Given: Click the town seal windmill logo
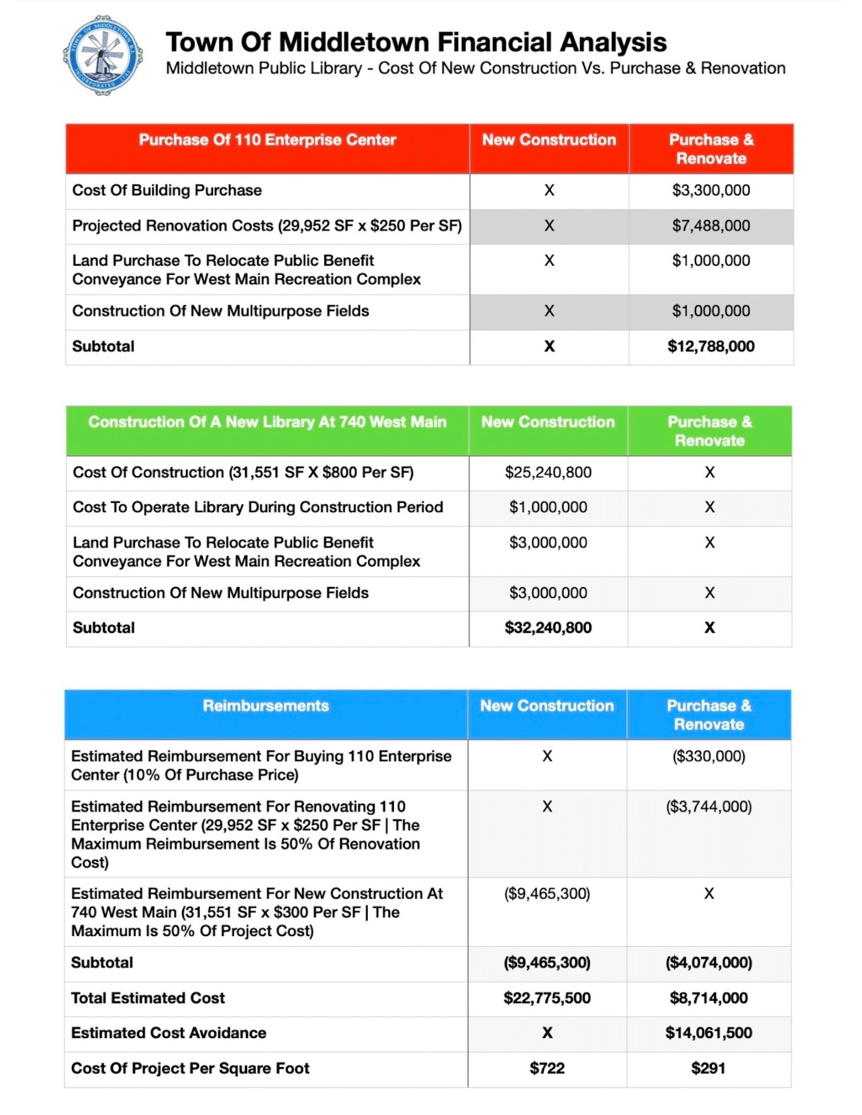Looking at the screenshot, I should pos(103,56).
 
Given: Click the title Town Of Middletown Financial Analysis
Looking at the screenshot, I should pos(416,42).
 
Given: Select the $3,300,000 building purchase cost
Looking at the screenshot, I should pos(710,191).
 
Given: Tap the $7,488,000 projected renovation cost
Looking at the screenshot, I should pos(710,226).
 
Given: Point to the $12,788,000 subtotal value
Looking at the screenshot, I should pos(710,347).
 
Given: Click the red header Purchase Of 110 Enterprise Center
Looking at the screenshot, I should pos(267,140).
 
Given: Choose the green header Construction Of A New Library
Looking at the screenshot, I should pos(267,422).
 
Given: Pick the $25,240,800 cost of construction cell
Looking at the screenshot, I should pos(547,473).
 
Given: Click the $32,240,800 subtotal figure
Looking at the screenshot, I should pos(547,628).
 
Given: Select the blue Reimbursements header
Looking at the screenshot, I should pos(266,706).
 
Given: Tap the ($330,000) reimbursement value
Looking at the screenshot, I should pos(708,757).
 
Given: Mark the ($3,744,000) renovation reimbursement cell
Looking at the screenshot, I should pos(708,807).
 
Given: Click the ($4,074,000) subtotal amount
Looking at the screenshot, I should pos(708,963).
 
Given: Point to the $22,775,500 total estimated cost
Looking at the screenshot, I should pos(546,998).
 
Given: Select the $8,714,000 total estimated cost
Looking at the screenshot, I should pos(708,998).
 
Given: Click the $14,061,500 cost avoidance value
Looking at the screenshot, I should pos(708,1033).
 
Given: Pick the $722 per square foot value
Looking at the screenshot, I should pos(546,1068).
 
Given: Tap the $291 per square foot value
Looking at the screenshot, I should pos(708,1068).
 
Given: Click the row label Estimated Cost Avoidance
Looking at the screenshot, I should pos(168,1033).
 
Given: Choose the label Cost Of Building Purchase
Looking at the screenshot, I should pos(167,191).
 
